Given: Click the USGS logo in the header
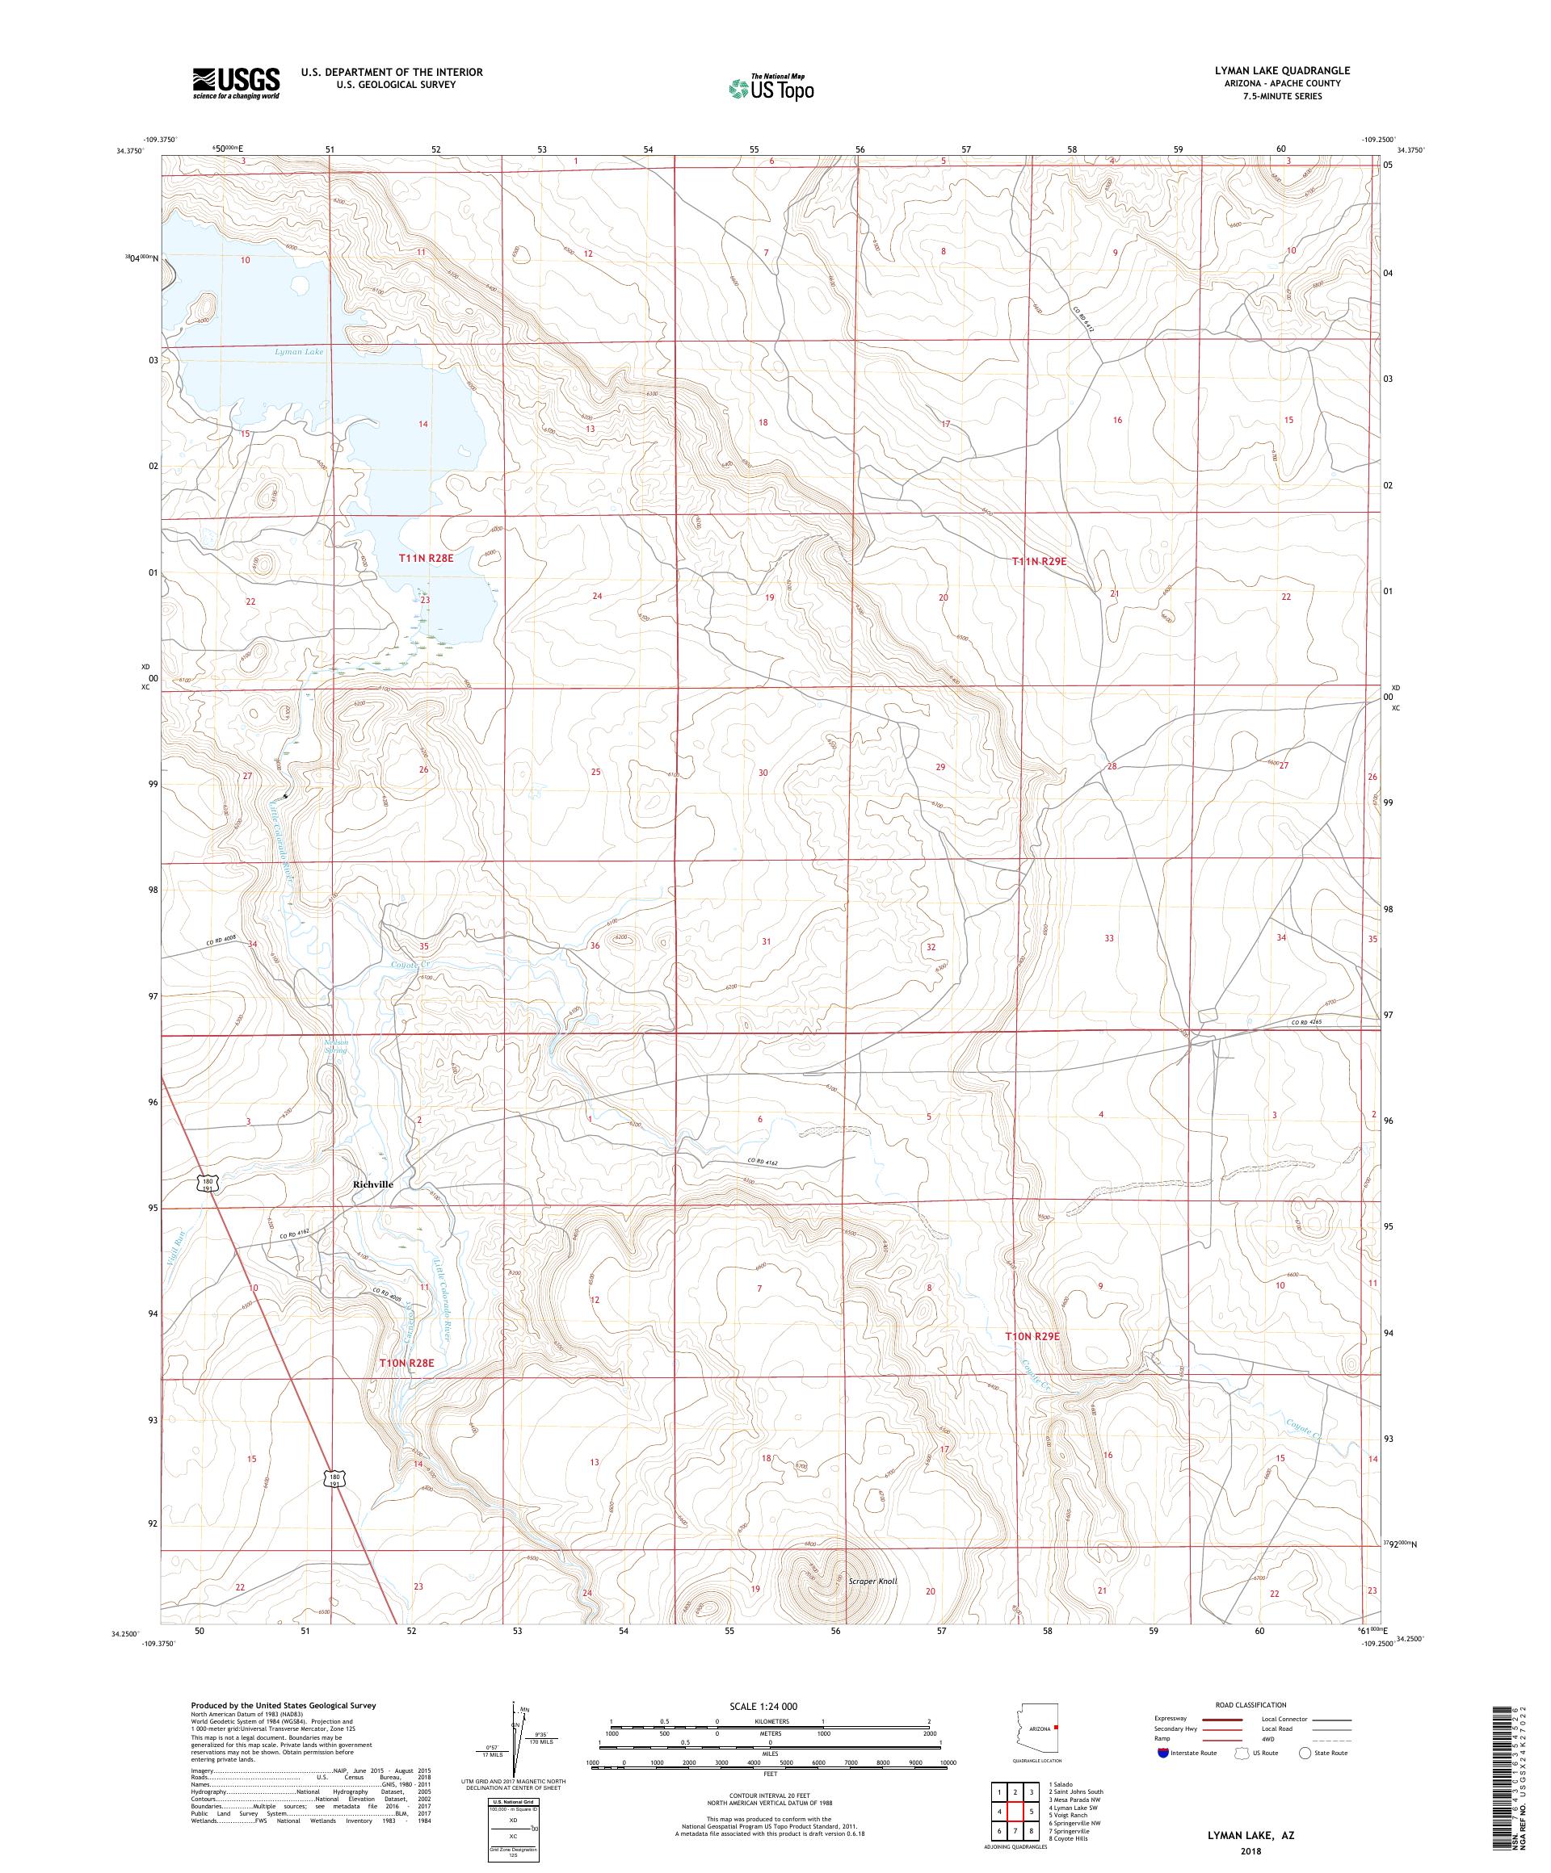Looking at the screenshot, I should pos(236,84).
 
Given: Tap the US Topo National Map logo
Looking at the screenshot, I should pos(772,87).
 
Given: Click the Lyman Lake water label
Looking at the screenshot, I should pos(299,352).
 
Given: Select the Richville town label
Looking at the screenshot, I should pos(373,1184).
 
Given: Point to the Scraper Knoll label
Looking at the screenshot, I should pos(872,1582).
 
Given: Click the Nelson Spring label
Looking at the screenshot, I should pos(335,1046).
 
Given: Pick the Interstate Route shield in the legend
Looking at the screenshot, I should pos(1162,1753).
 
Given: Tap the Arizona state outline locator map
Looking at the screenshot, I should pos(1034,1731).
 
